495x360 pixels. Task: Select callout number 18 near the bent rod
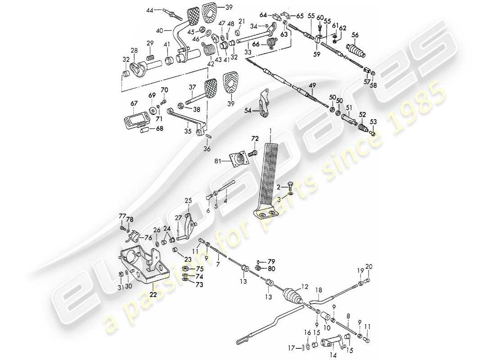pyautogui.click(x=319, y=290)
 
